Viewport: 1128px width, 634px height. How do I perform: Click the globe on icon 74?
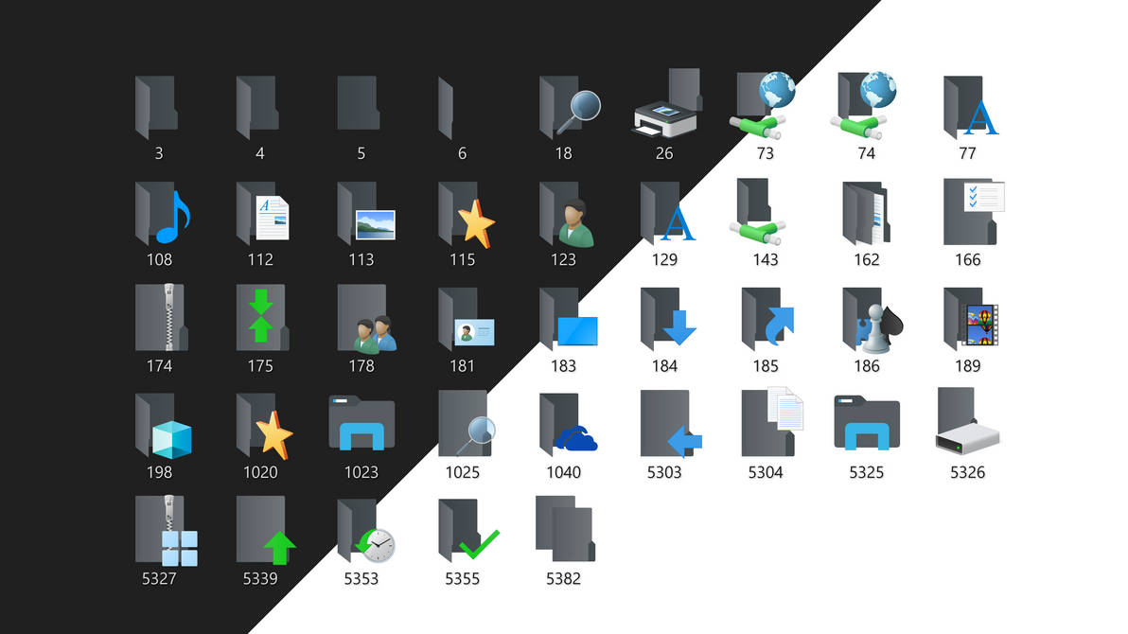(878, 91)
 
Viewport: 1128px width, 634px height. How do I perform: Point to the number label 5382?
(563, 579)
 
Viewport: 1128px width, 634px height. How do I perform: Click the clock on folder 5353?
(378, 546)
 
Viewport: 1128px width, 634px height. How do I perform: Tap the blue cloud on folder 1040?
(577, 438)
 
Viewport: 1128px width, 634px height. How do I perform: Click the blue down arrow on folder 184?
(679, 327)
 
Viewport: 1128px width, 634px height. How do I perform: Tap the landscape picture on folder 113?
(375, 225)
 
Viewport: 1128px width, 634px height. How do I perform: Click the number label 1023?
(361, 472)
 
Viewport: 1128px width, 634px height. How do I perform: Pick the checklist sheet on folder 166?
(983, 196)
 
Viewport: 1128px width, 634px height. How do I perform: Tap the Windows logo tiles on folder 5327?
(179, 548)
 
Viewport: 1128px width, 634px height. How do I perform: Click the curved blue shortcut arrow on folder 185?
(779, 326)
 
